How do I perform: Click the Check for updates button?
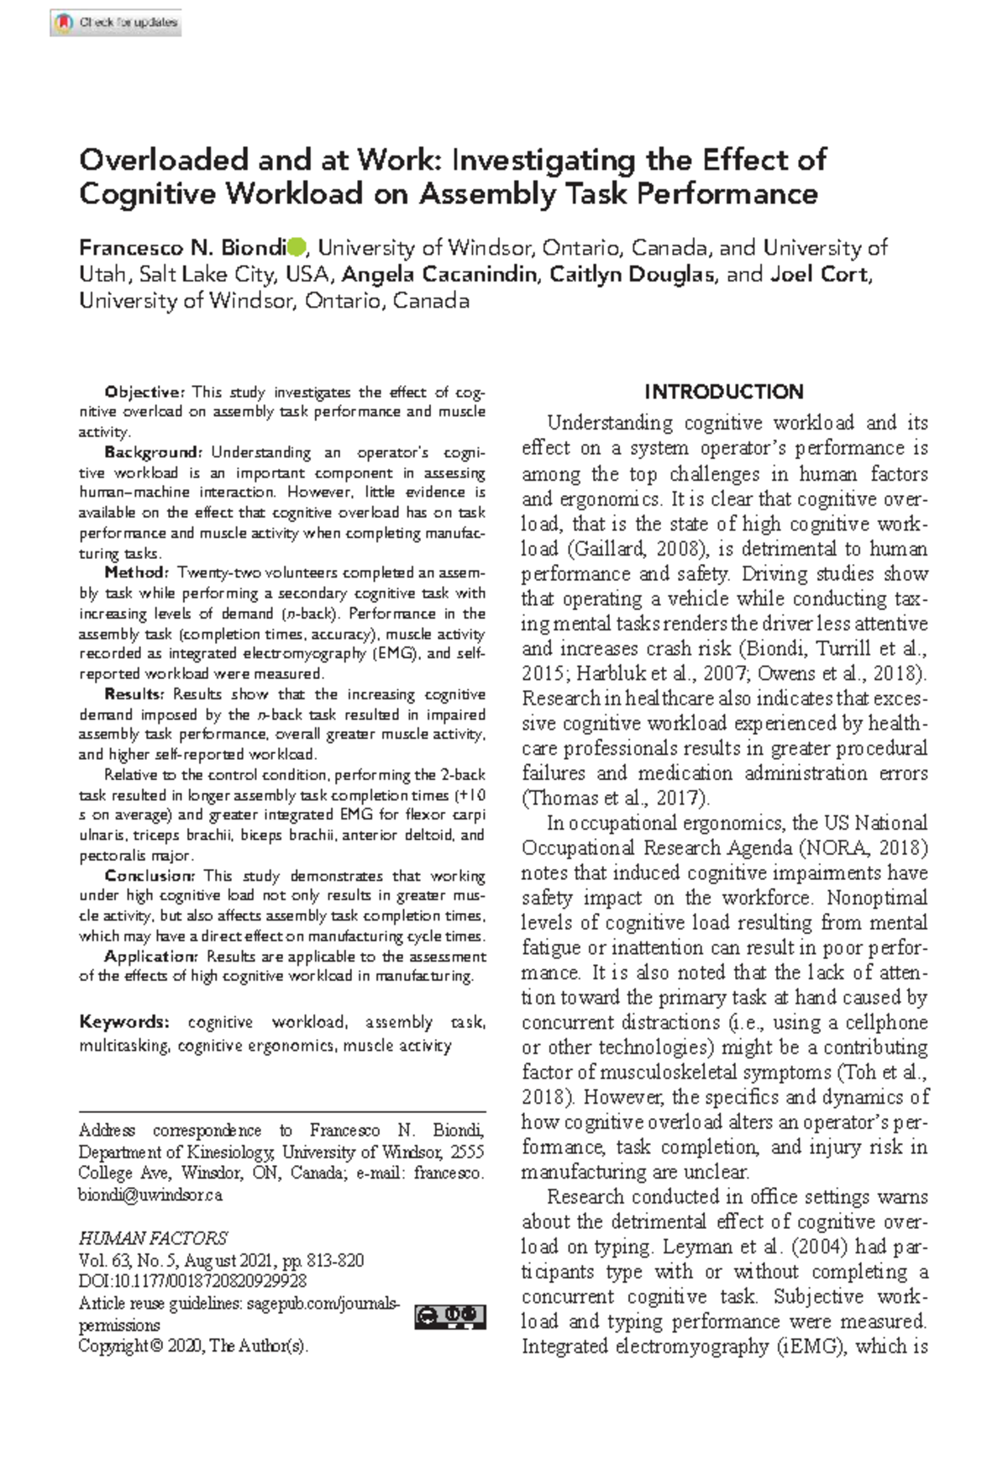point(116,23)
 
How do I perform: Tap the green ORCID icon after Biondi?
point(297,247)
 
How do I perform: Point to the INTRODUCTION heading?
point(724,392)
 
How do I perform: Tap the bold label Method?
point(136,572)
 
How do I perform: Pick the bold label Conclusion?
point(150,876)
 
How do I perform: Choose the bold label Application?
point(151,957)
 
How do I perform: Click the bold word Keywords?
point(124,1022)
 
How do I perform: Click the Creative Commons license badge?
point(450,1316)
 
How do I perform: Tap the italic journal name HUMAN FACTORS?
point(153,1238)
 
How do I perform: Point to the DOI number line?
point(192,1281)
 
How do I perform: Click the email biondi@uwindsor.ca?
point(150,1194)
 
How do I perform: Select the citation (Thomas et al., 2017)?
point(616,798)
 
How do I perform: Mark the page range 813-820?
point(335,1260)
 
